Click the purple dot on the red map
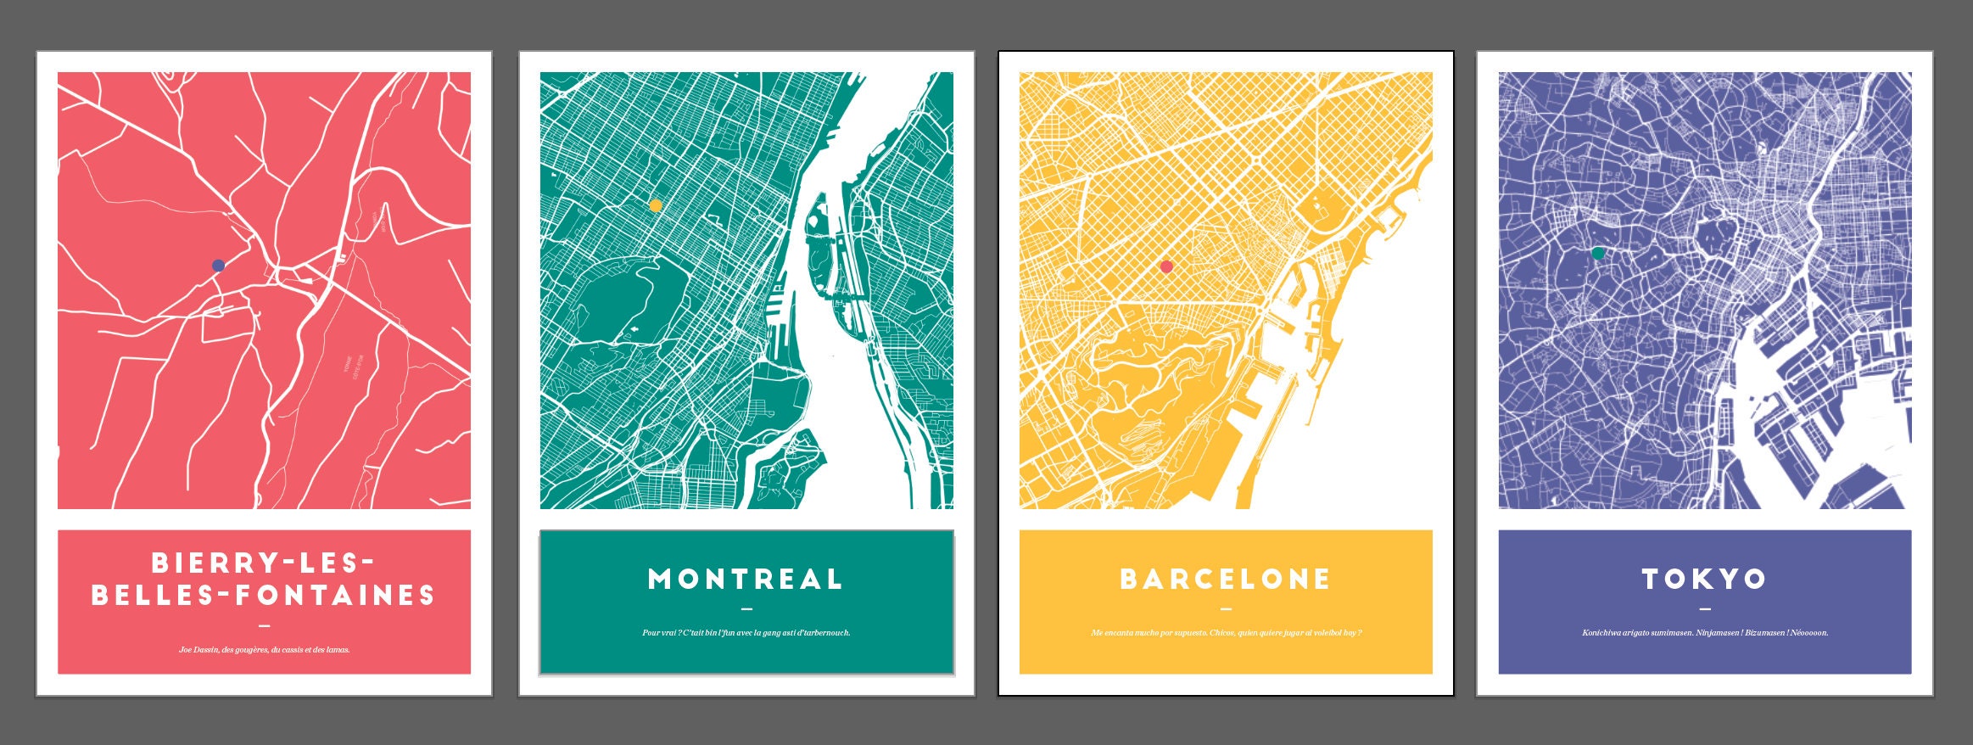[x=218, y=266]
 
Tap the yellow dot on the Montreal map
[x=656, y=205]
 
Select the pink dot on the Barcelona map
[x=1166, y=266]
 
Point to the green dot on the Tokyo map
[x=1598, y=253]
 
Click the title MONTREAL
[x=746, y=580]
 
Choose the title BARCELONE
[x=1226, y=580]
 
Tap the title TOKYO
[x=1704, y=580]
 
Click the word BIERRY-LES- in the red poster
[x=264, y=563]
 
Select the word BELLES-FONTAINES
[x=264, y=596]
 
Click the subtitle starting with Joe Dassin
[x=264, y=650]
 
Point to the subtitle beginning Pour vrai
[x=746, y=633]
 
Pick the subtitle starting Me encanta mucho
[x=1226, y=633]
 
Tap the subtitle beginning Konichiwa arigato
[x=1704, y=633]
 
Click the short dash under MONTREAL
[x=746, y=608]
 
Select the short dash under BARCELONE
[x=1226, y=608]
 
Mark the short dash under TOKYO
[x=1705, y=608]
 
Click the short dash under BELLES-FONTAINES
[x=264, y=626]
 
